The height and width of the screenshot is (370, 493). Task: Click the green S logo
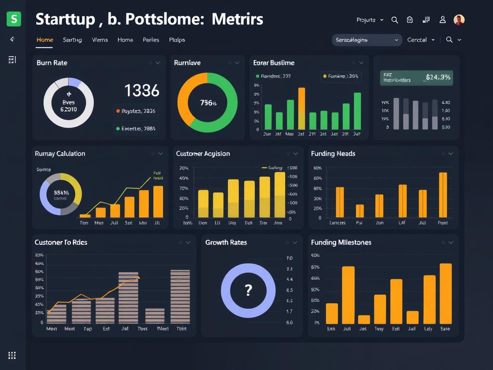click(x=14, y=19)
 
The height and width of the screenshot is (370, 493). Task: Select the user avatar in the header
click(x=459, y=20)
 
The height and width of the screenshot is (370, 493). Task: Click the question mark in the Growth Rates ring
click(x=248, y=290)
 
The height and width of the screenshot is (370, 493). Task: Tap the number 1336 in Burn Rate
click(x=142, y=90)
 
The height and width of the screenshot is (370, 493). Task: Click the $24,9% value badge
click(x=438, y=77)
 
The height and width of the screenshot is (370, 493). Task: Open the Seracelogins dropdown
click(x=367, y=40)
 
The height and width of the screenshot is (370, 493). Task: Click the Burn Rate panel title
click(x=52, y=63)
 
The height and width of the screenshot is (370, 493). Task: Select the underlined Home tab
click(x=45, y=40)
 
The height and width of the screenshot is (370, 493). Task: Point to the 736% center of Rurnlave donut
click(x=208, y=103)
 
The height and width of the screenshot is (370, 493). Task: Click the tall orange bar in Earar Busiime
click(x=302, y=108)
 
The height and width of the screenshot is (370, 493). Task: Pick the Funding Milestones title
click(x=341, y=242)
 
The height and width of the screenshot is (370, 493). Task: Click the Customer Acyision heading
click(x=203, y=154)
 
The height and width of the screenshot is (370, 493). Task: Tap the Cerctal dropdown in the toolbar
click(x=421, y=40)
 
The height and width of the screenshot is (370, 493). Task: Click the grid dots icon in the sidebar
click(x=12, y=356)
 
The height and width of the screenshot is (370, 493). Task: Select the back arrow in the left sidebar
click(x=12, y=40)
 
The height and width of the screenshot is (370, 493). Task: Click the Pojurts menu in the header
click(x=369, y=20)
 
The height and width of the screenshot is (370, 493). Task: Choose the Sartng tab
click(x=72, y=40)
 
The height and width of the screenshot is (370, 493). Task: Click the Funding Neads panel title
click(x=333, y=154)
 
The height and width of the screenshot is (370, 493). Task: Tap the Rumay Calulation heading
click(x=60, y=154)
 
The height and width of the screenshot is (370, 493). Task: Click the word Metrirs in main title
click(x=237, y=19)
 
